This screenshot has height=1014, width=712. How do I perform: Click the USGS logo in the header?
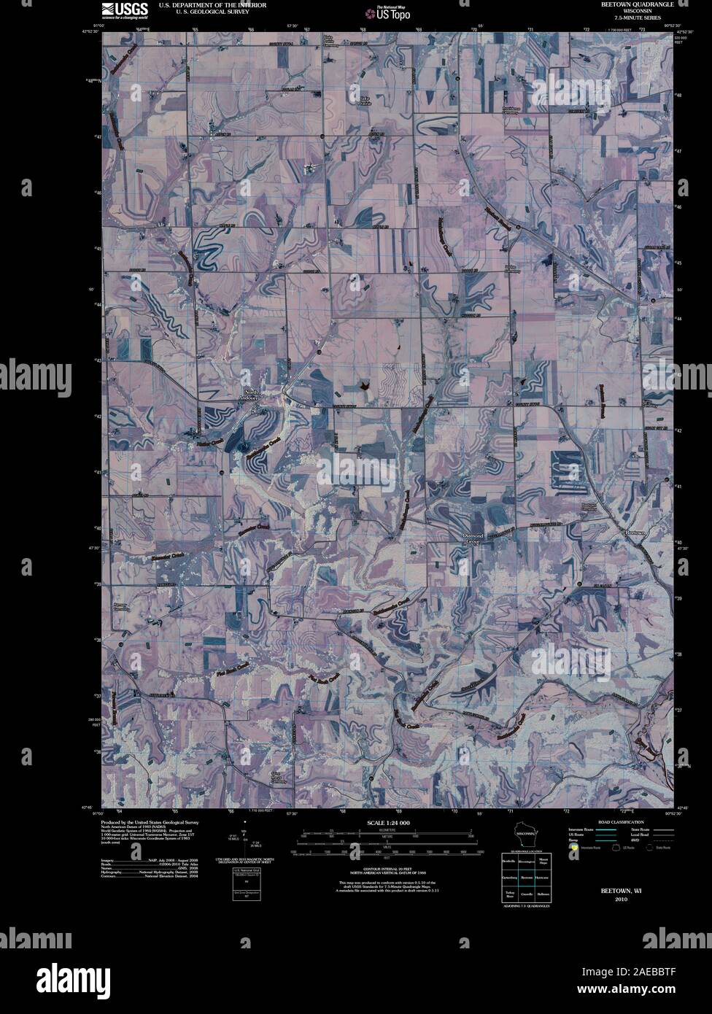click(x=125, y=9)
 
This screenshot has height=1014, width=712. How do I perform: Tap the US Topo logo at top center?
click(x=392, y=12)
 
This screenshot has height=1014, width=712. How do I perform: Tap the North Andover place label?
click(x=252, y=395)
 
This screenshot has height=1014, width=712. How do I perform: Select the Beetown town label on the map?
click(x=636, y=533)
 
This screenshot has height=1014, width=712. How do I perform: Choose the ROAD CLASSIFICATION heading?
click(x=619, y=822)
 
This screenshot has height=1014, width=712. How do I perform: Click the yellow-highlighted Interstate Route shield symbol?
click(x=574, y=848)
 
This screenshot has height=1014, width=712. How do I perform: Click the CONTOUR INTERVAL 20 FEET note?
click(x=387, y=869)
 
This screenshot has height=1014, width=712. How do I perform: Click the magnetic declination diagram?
click(x=244, y=839)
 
